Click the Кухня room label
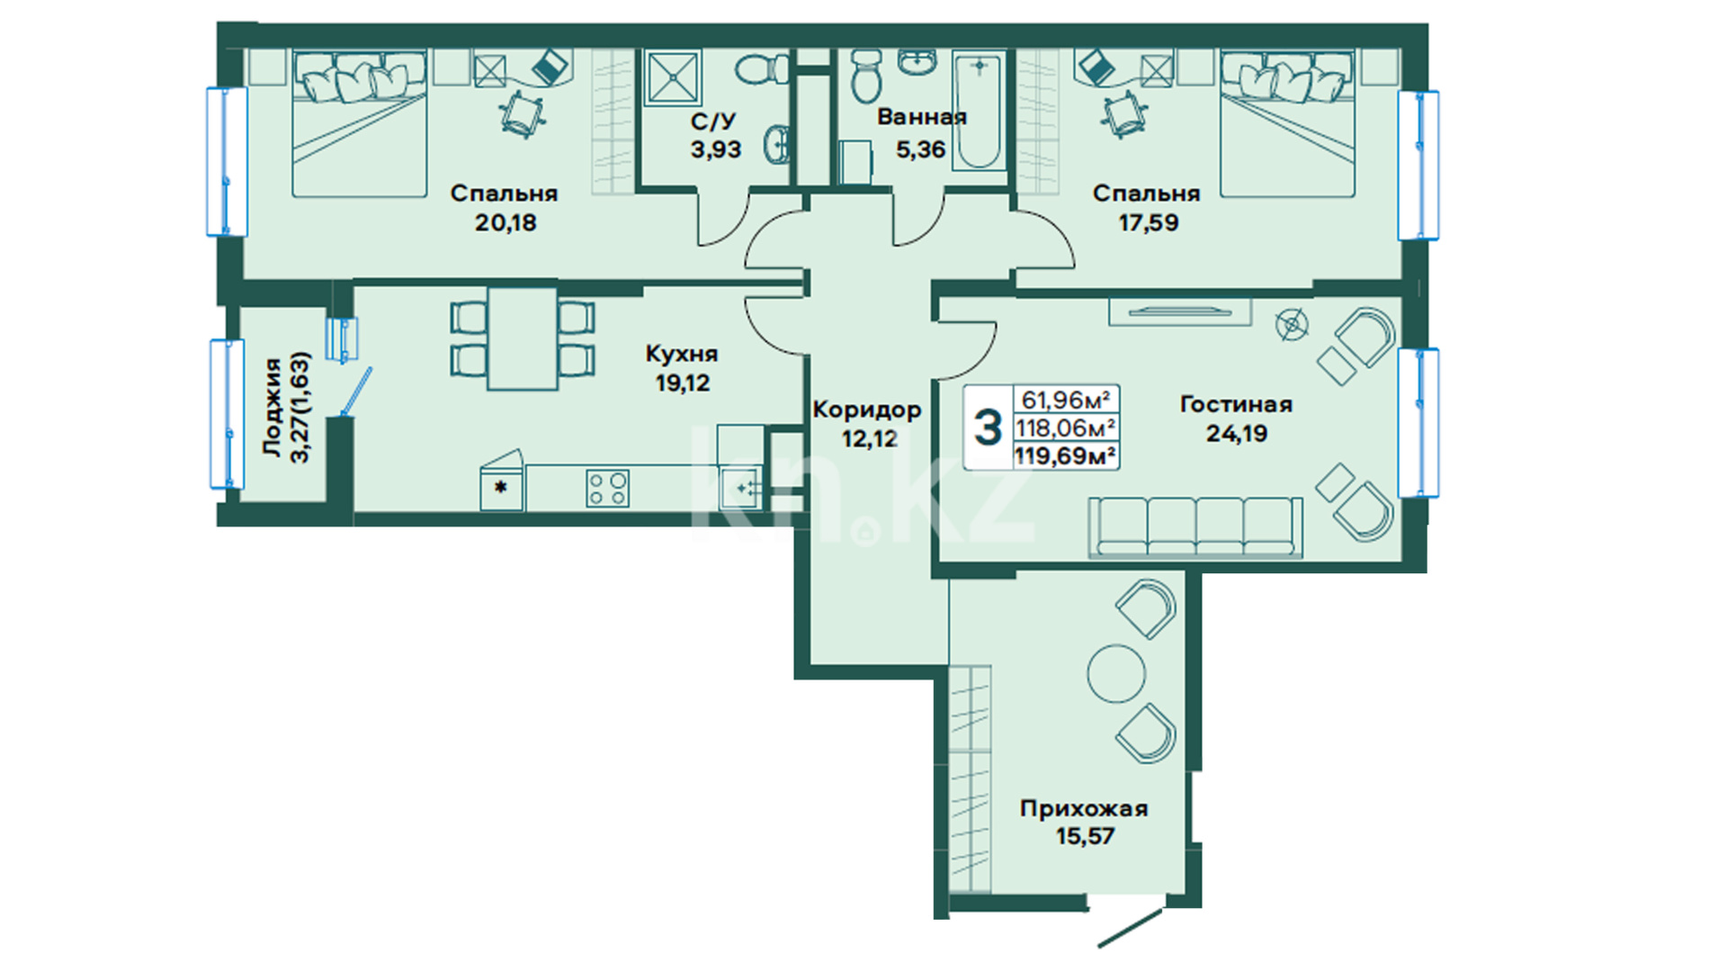[682, 354]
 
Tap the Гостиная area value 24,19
[1236, 434]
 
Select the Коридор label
[867, 410]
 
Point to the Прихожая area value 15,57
[1085, 836]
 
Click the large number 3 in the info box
[988, 427]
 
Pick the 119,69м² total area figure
[1066, 456]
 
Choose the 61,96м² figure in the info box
[1065, 399]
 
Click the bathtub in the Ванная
[979, 112]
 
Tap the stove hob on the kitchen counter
[607, 489]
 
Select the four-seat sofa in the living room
[1195, 527]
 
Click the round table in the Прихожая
[1116, 673]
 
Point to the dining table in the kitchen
[522, 338]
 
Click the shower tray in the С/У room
[673, 76]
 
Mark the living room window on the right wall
[1418, 422]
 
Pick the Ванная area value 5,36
[920, 149]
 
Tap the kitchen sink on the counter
[740, 488]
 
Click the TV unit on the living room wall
[1179, 311]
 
